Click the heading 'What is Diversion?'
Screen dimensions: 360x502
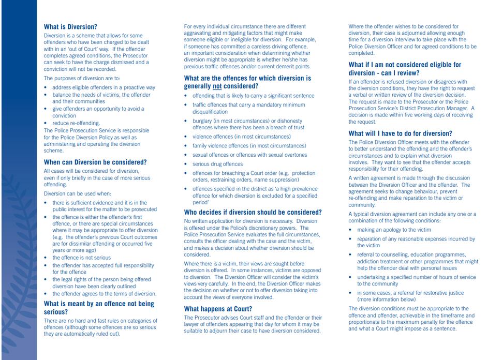point(70,27)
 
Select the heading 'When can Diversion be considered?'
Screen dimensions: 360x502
point(95,162)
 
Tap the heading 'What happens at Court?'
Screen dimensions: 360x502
point(218,309)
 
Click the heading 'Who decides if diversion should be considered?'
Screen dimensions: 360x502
point(253,212)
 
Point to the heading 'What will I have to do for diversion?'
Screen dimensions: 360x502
point(400,133)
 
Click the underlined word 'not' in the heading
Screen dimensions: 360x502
point(217,86)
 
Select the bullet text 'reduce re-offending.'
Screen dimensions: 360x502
point(76,123)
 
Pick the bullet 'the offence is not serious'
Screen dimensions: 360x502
point(81,257)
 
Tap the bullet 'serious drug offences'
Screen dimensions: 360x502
point(217,164)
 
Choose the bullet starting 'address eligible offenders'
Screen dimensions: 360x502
point(104,87)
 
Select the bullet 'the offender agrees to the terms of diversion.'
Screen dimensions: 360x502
point(104,293)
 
